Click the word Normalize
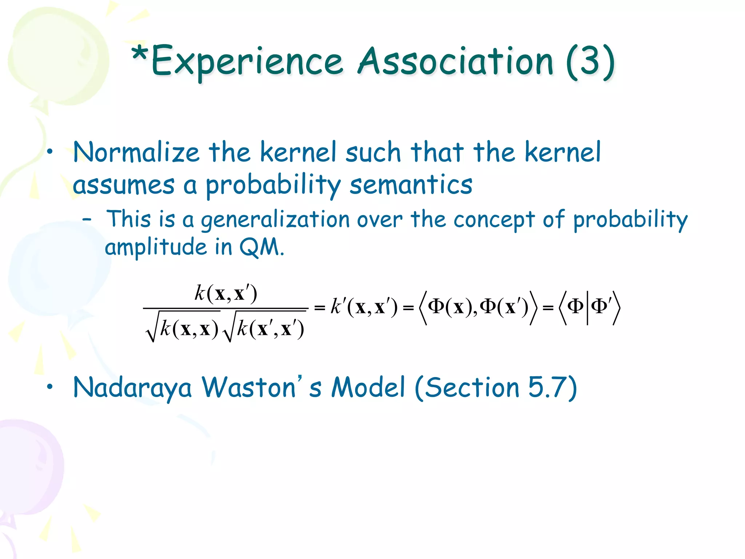(136, 152)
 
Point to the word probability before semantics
(273, 185)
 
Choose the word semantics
(411, 185)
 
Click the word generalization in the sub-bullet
(275, 221)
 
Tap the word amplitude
(156, 247)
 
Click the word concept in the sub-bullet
(494, 221)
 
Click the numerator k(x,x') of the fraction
(226, 293)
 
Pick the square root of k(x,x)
(182, 328)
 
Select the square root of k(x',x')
(264, 328)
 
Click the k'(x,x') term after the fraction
(364, 307)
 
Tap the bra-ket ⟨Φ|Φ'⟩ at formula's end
(589, 307)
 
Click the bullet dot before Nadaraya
(50, 387)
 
